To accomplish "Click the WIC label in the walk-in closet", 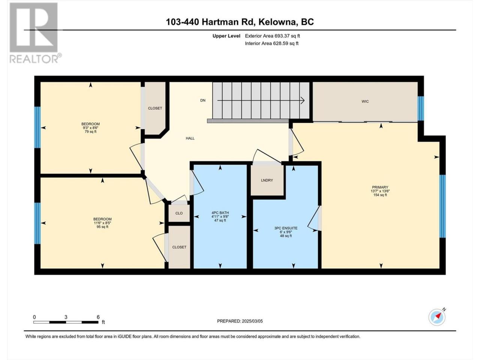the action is click(x=365, y=101).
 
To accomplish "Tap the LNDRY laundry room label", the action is click(x=267, y=180).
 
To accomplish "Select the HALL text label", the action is click(x=190, y=138).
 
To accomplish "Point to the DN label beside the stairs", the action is click(x=203, y=100).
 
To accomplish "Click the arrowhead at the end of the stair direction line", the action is click(x=303, y=100).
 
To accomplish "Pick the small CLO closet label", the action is click(x=179, y=213).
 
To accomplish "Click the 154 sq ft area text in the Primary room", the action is click(x=380, y=195).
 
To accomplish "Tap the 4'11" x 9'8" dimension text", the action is click(x=220, y=217).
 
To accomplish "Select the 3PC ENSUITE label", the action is click(x=286, y=228).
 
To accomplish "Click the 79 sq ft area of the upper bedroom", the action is click(x=90, y=132).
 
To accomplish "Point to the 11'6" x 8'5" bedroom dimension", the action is click(x=102, y=223).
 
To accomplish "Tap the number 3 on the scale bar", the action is click(x=66, y=317).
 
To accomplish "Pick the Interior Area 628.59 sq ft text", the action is click(x=271, y=43).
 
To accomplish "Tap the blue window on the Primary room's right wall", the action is click(x=442, y=206).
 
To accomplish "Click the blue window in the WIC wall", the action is click(x=421, y=108).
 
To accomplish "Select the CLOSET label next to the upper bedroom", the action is click(x=155, y=108).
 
